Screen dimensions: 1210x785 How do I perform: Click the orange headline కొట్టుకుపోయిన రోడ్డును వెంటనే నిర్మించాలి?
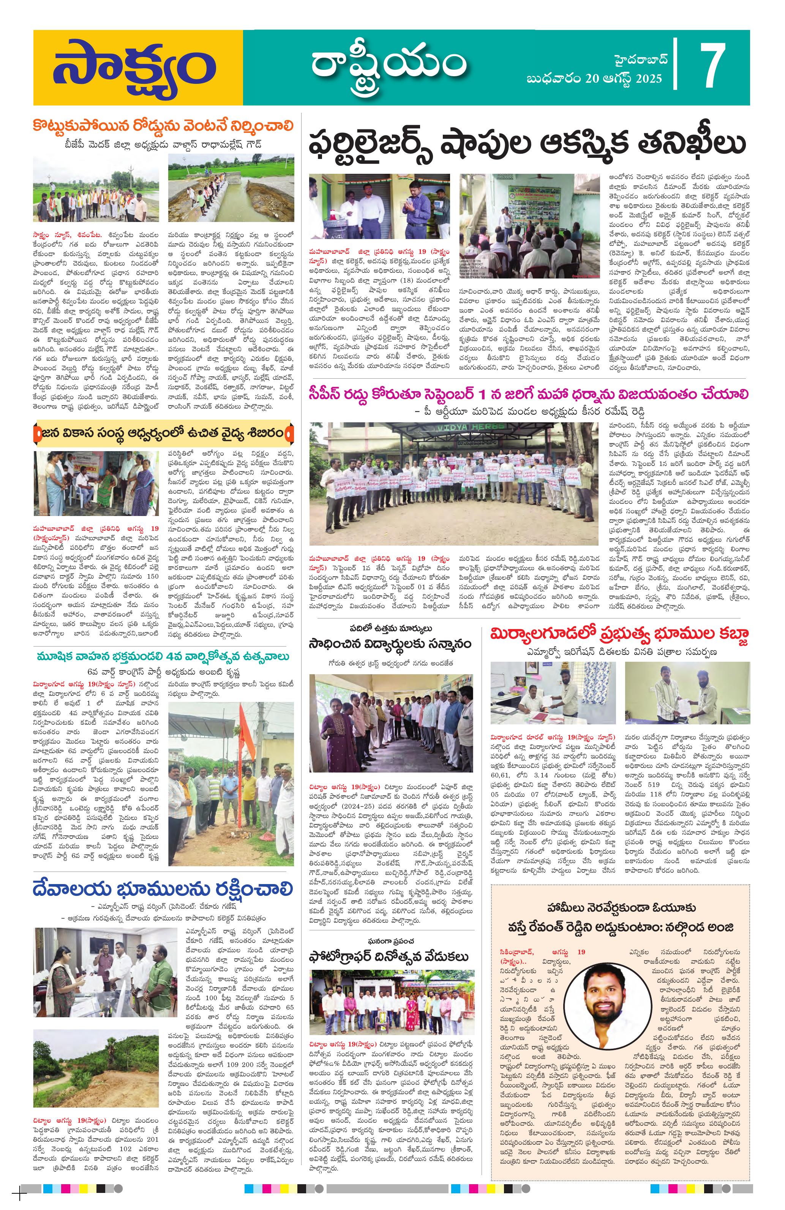click(163, 126)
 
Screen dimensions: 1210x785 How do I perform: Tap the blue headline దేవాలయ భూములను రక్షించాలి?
click(163, 888)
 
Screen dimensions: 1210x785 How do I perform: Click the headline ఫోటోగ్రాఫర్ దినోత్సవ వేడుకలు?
click(389, 956)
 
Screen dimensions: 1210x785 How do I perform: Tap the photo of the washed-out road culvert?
click(231, 189)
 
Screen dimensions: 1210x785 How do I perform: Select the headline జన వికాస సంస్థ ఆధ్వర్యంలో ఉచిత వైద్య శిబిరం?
click(163, 434)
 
